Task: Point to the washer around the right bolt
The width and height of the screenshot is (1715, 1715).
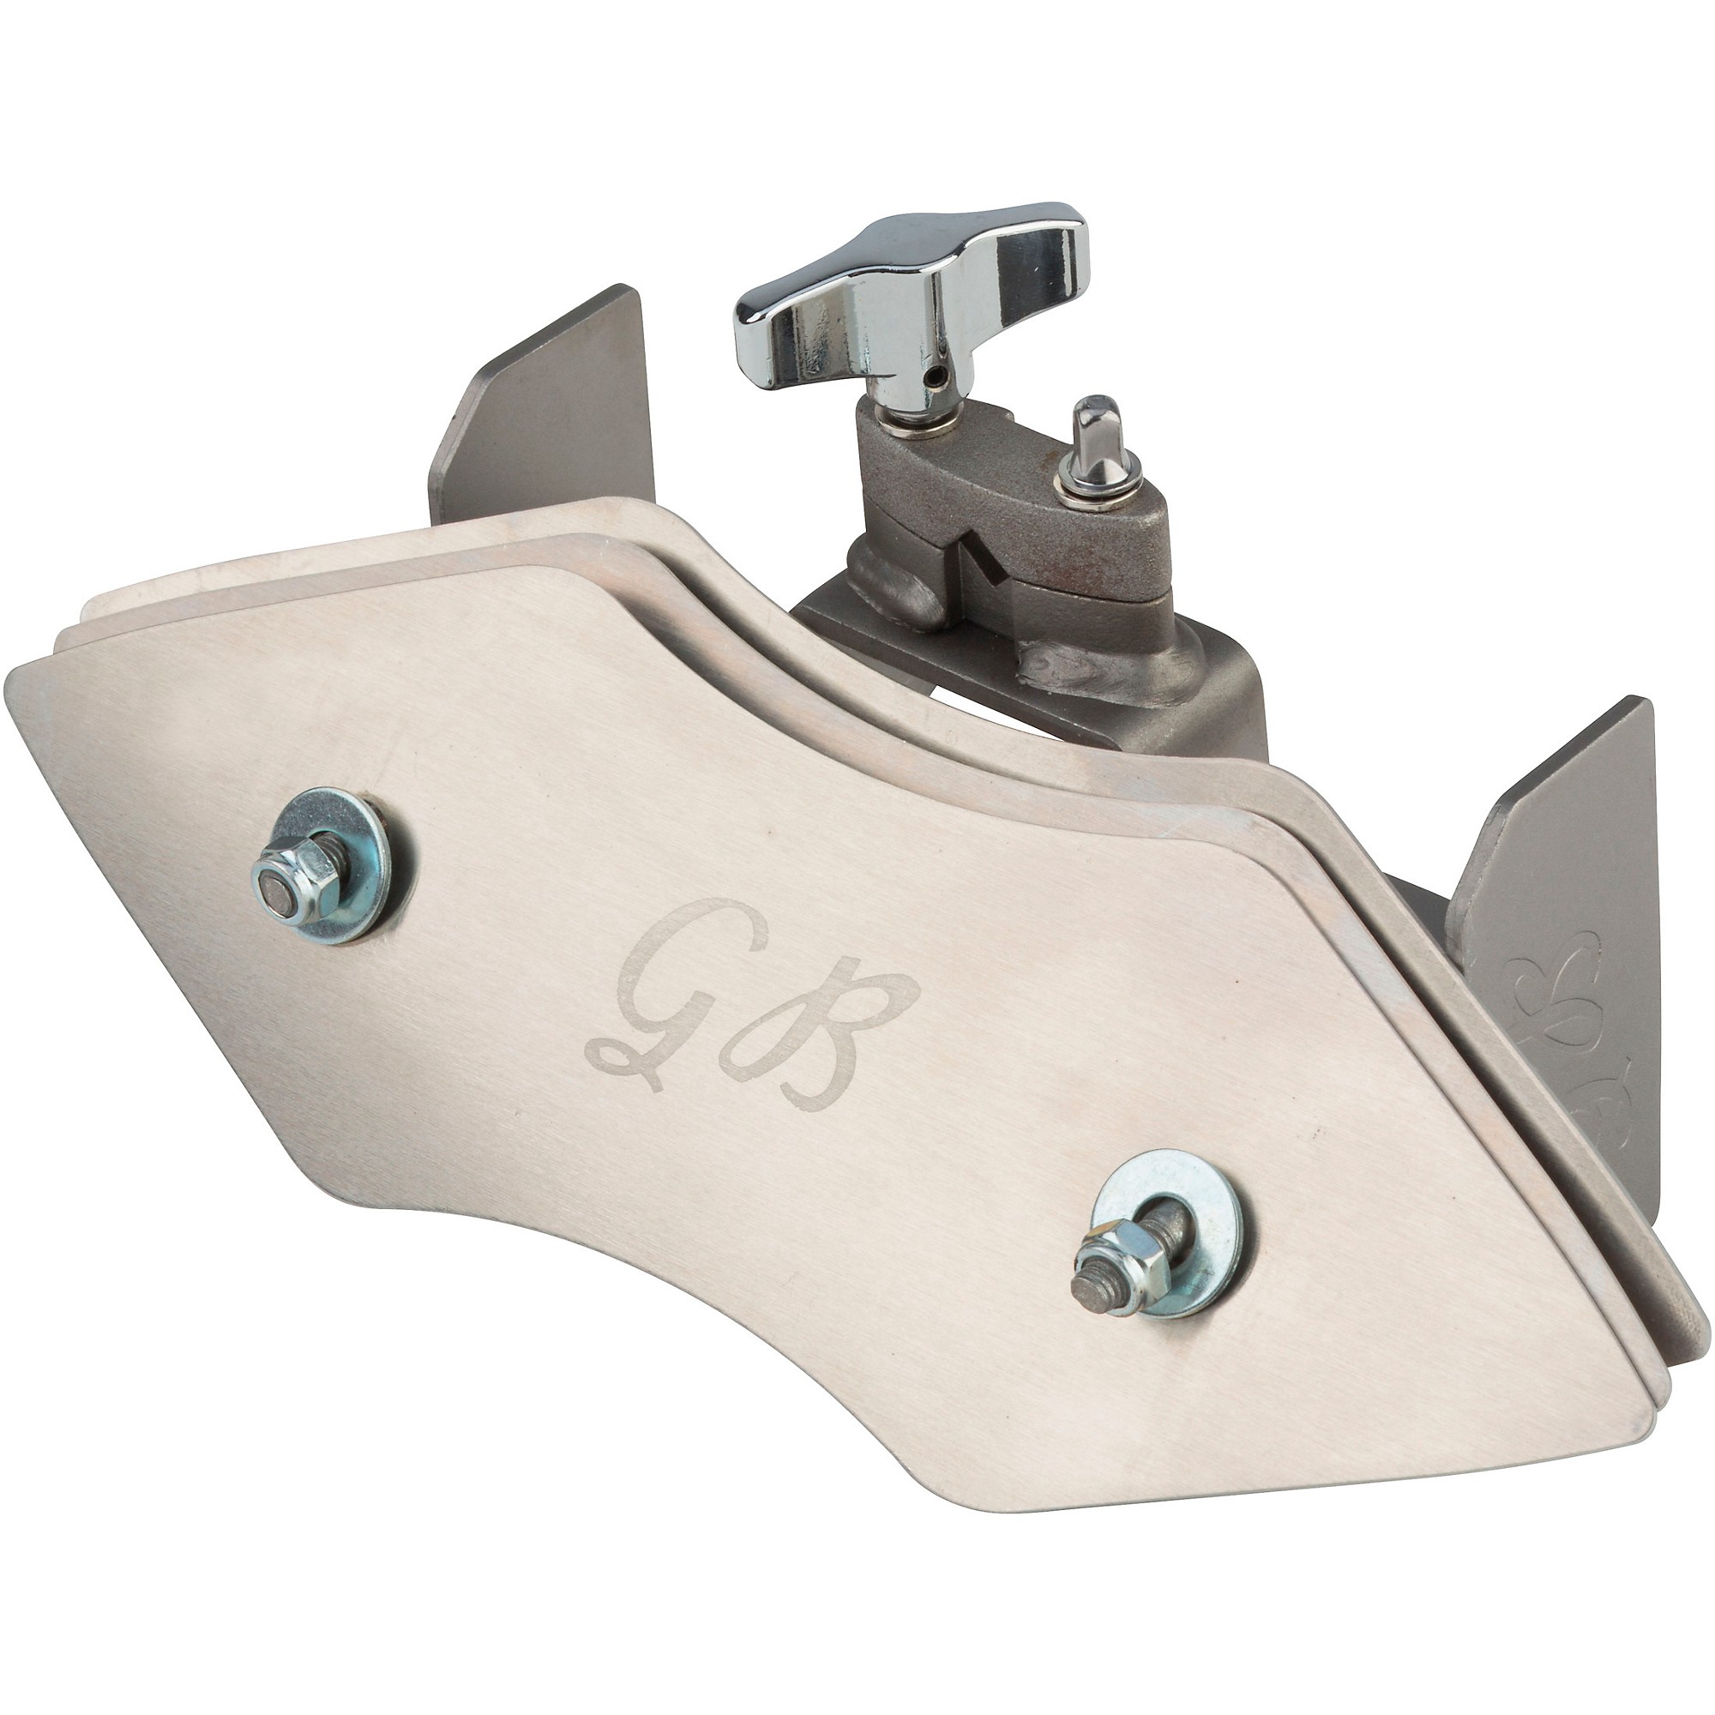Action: click(1154, 1237)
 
